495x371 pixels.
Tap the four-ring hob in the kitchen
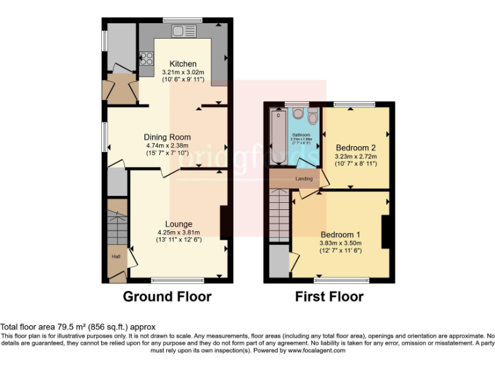tap(146, 59)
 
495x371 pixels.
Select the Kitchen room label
tap(182, 64)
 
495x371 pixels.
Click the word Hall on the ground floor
tap(116, 256)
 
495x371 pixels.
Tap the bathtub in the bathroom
tap(278, 136)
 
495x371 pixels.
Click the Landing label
tap(304, 178)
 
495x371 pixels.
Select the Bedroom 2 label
tap(355, 147)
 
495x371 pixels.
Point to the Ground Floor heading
tap(167, 297)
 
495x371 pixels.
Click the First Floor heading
tap(329, 297)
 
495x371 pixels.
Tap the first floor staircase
tap(279, 216)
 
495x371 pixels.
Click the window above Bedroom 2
tap(354, 104)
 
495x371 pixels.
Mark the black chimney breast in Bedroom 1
tap(386, 233)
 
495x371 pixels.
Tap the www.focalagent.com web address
tap(316, 350)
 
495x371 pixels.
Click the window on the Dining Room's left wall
tap(104, 137)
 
